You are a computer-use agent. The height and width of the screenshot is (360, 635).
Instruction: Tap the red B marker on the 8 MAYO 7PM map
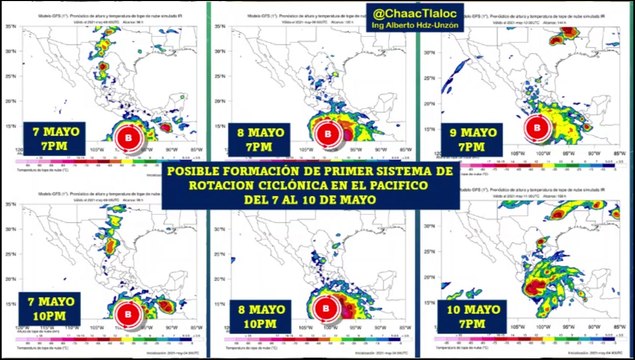coord(327,133)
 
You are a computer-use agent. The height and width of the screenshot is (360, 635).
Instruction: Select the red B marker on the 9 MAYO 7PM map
coord(536,127)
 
